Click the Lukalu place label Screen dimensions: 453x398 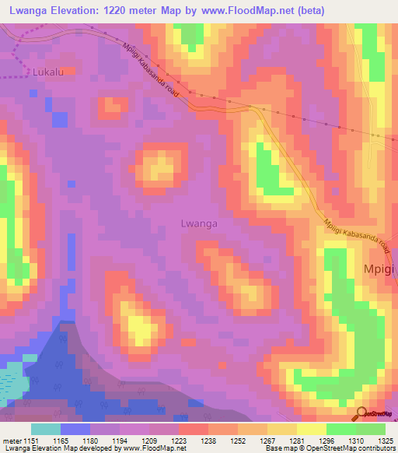coord(49,72)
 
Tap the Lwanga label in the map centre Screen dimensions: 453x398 coord(198,223)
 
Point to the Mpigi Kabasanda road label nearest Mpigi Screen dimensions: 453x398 coord(355,234)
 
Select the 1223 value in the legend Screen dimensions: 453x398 coord(179,441)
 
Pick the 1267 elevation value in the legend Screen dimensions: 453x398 coord(267,441)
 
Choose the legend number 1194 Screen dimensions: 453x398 coord(120,441)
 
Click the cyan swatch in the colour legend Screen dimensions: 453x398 coord(46,429)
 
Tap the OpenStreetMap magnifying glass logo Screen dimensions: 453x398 coord(361,414)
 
